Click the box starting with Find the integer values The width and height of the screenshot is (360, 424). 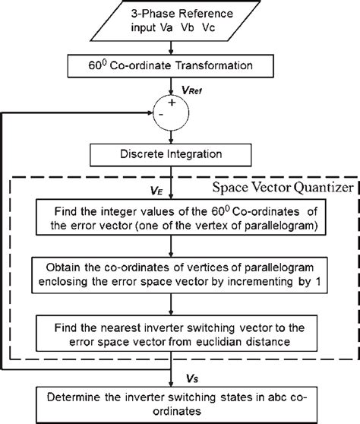tap(180, 217)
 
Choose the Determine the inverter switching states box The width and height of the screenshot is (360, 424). tap(180, 403)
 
